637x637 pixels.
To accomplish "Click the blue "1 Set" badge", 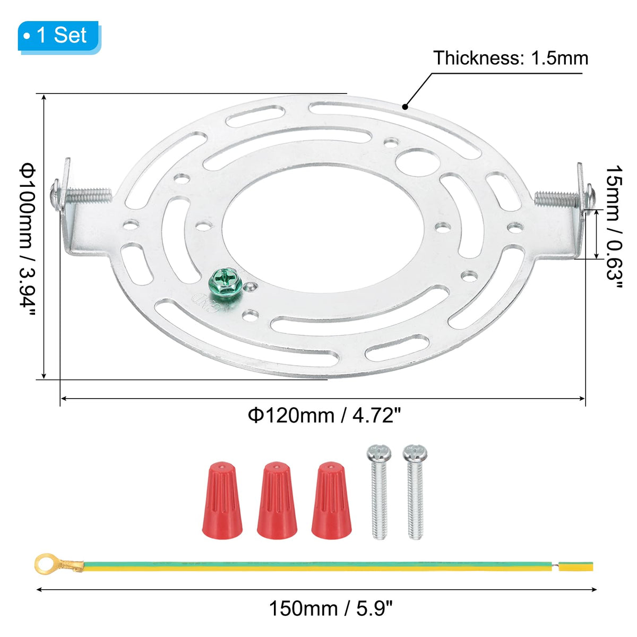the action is click(59, 37).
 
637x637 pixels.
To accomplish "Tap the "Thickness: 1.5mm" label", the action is click(510, 58).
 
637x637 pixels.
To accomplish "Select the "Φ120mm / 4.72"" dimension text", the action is click(324, 415).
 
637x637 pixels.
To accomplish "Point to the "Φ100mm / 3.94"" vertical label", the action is click(27, 239).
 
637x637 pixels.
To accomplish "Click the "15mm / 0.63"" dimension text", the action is click(614, 227).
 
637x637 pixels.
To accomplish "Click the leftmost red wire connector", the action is click(222, 501).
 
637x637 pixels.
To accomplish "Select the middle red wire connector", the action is click(277, 501).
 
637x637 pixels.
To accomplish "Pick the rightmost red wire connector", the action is click(331, 501).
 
